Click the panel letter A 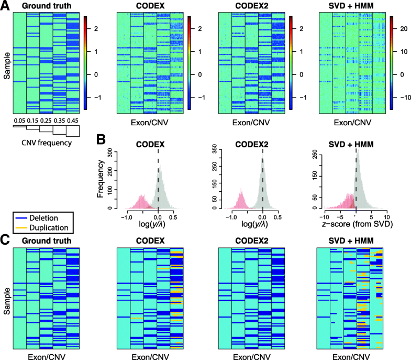click(x=5, y=6)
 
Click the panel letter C click(x=5, y=239)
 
